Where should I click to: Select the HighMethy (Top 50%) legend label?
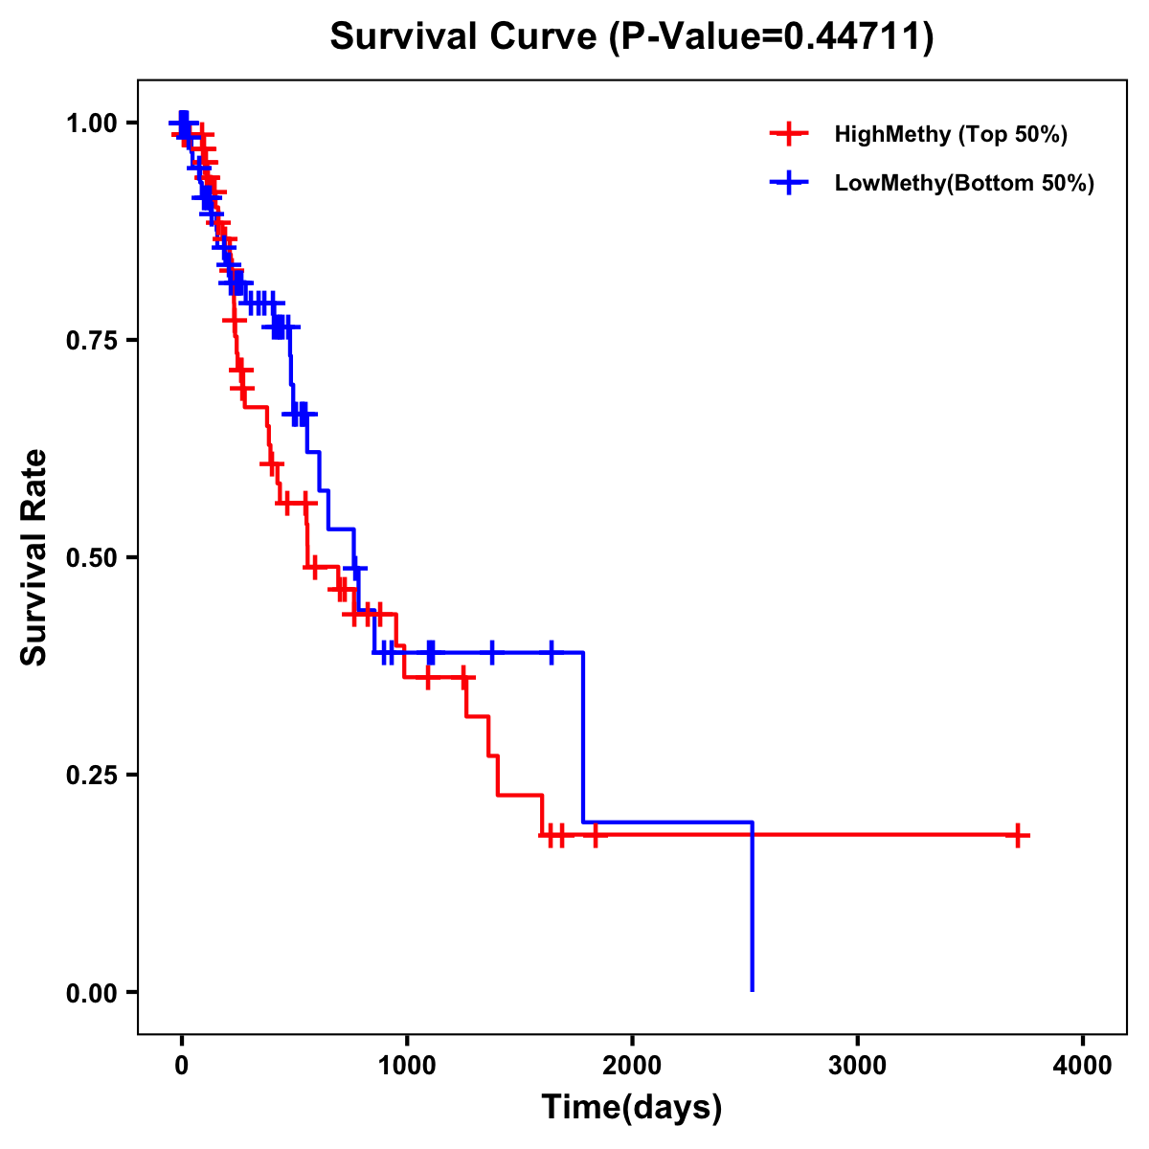(951, 134)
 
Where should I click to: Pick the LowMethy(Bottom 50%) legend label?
(964, 184)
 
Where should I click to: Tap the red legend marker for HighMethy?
(789, 134)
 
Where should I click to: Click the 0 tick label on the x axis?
(181, 1065)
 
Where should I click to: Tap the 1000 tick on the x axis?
(406, 1065)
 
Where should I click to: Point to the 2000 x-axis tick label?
(632, 1065)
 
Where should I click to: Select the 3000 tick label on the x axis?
(857, 1065)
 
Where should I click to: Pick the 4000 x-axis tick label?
(1083, 1065)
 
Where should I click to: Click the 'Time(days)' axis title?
(632, 1108)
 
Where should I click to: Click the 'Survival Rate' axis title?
(35, 557)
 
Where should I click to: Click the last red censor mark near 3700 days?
(1017, 835)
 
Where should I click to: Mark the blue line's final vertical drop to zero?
(753, 910)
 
